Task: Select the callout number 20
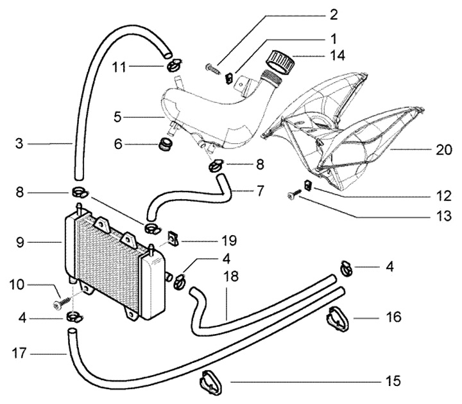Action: click(x=444, y=150)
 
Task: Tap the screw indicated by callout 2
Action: click(x=212, y=69)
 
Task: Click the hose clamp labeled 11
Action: click(x=175, y=65)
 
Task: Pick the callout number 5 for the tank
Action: click(x=117, y=117)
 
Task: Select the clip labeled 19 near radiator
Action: click(x=173, y=238)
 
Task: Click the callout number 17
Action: click(x=19, y=353)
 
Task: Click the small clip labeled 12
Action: click(x=308, y=185)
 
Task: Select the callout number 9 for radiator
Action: click(x=20, y=243)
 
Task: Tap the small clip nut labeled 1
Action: click(x=228, y=78)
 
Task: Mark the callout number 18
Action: click(x=231, y=277)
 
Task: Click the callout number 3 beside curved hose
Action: click(x=19, y=144)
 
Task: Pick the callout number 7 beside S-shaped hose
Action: click(x=260, y=191)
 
